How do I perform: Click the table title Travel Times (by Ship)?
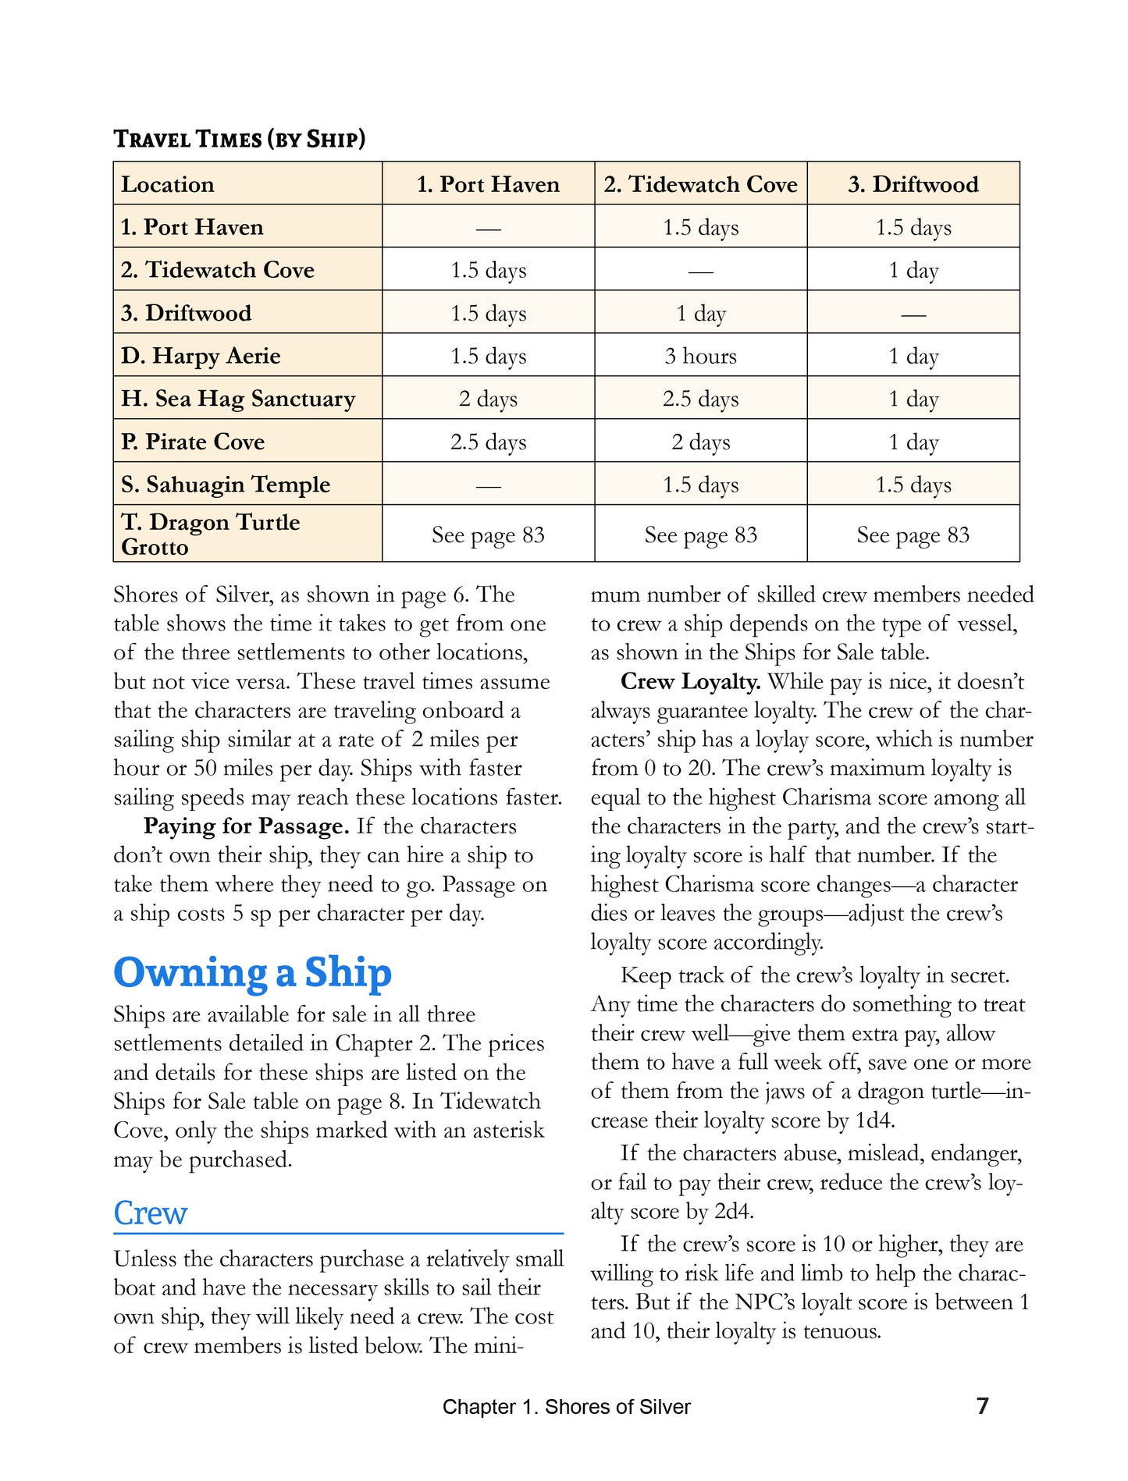coord(239,139)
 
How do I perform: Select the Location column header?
coord(167,184)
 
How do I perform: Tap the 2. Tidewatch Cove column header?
coord(700,184)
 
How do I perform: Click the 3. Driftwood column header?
coord(913,184)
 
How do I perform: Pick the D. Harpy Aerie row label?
coord(201,356)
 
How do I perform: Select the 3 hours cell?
coord(700,356)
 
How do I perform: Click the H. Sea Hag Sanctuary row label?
coord(238,399)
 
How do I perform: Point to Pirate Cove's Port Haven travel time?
coord(488,442)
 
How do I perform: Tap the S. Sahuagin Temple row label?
coord(226,485)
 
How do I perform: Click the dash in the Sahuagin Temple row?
coord(488,485)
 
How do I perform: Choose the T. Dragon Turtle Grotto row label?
coord(210,534)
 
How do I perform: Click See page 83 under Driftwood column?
coord(913,535)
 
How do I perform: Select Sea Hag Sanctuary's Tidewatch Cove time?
coord(700,399)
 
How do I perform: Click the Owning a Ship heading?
coord(252,972)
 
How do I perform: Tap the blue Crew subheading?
coord(151,1213)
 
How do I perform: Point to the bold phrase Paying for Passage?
coord(246,826)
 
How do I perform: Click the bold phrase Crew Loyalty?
coord(690,682)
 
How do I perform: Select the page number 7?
coord(982,1405)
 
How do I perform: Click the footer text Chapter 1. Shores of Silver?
coord(566,1407)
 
